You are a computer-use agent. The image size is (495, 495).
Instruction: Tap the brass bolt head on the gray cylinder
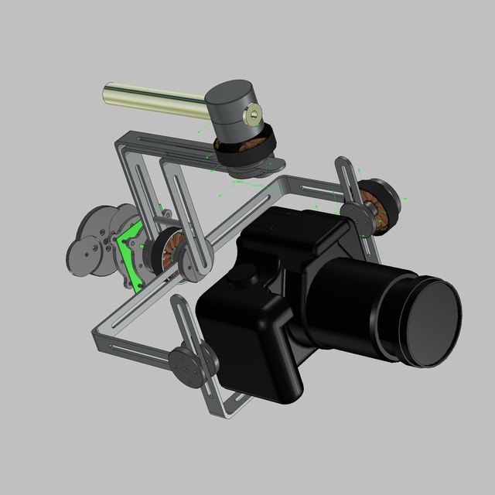pos(252,117)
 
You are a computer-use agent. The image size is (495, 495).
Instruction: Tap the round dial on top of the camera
pos(247,274)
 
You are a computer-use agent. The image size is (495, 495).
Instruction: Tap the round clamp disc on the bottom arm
pos(186,364)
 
